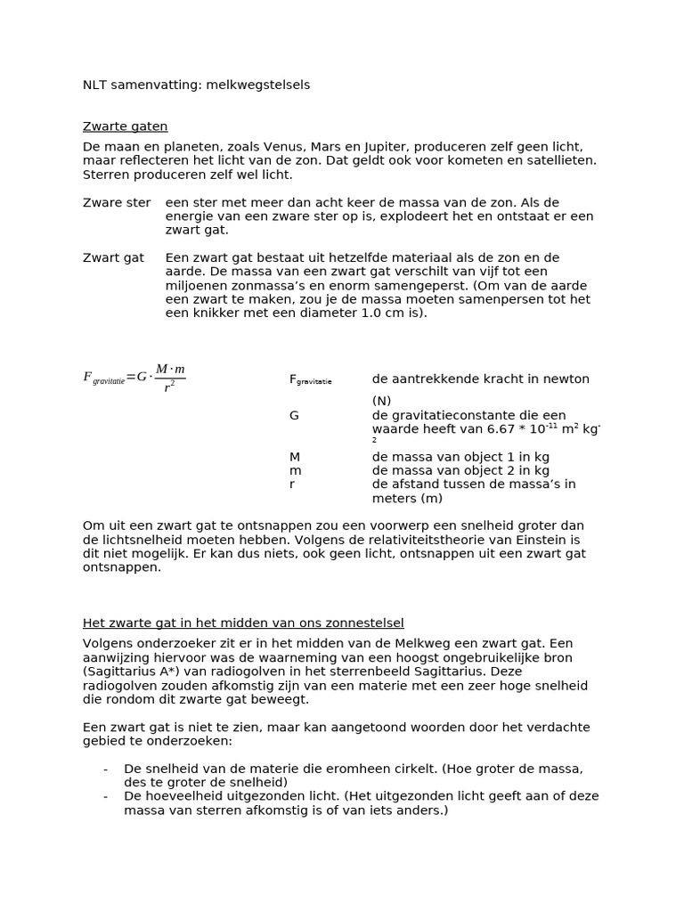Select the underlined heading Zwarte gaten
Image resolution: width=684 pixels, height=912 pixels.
125,126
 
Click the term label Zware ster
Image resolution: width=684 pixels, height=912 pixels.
117,203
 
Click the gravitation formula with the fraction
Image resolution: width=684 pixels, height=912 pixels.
134,377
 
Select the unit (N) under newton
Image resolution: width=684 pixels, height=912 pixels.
381,401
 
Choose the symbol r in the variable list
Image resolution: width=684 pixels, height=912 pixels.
291,484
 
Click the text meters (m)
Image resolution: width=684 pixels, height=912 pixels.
407,499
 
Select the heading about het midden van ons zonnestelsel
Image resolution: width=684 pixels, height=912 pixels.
243,623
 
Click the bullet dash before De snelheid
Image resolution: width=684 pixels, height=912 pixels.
105,769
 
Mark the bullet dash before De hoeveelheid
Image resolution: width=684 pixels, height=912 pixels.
105,797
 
